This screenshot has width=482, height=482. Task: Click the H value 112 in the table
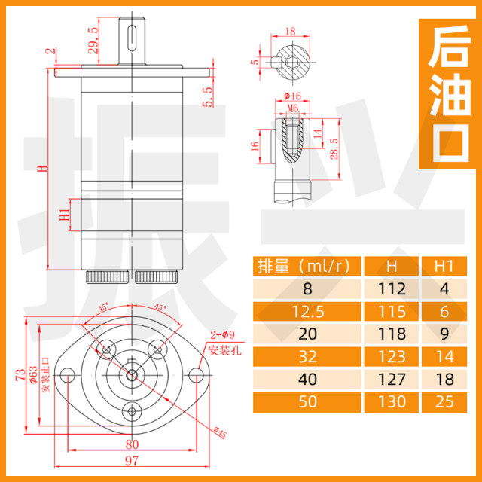tap(392, 288)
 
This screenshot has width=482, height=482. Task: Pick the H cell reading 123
tap(392, 356)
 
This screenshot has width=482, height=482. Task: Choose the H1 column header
tap(445, 266)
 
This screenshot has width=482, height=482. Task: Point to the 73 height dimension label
tap(20, 374)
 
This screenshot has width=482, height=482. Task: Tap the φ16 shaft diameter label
tap(293, 97)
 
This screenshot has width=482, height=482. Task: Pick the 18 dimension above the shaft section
tap(291, 32)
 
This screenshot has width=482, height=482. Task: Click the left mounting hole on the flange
tap(67, 374)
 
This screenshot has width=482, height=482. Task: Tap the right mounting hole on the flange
tap(200, 374)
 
